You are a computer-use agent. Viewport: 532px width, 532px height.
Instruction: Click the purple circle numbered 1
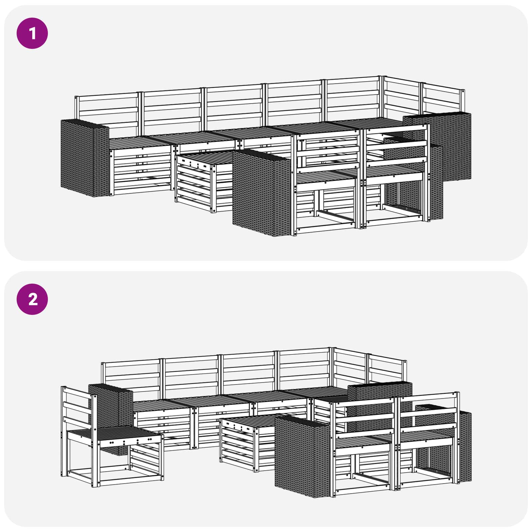32,33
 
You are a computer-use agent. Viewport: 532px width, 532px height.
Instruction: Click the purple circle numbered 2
32,299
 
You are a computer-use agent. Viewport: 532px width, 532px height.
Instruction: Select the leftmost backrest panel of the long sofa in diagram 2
131,379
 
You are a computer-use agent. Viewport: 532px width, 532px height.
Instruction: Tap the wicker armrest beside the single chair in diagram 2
111,406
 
